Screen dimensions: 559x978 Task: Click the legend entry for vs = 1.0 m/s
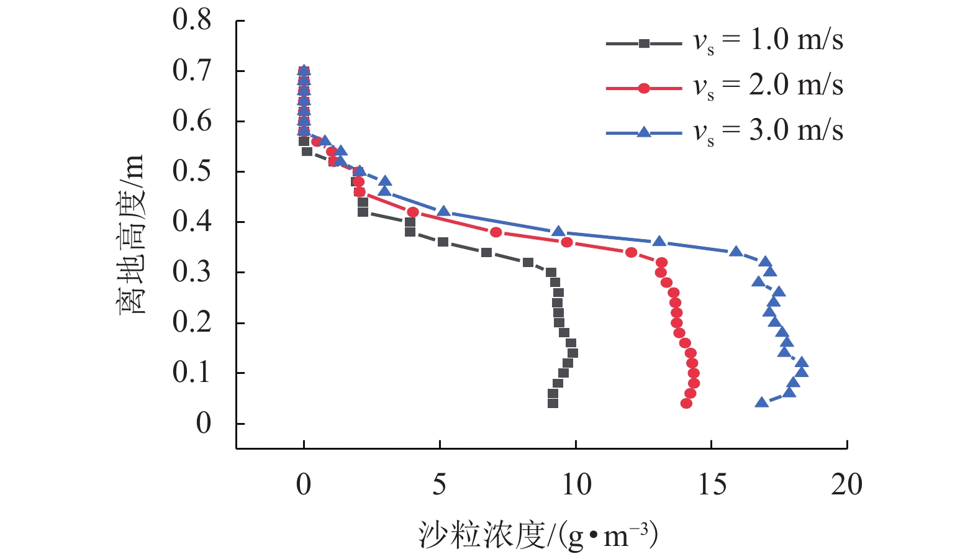(768, 41)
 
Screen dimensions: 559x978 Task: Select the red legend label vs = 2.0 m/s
(768, 86)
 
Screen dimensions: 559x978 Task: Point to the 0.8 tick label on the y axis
(192, 20)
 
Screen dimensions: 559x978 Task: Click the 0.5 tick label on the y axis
(192, 171)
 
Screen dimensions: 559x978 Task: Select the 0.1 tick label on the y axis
(192, 373)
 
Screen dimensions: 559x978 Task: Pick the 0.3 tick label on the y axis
(192, 272)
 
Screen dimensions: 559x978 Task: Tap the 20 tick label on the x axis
(847, 484)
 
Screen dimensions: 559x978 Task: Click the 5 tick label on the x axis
(440, 484)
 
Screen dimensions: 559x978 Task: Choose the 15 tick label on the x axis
(712, 484)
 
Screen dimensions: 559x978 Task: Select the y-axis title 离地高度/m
(131, 235)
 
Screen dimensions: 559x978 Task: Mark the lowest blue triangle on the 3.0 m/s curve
(762, 402)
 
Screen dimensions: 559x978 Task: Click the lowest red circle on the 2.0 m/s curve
(686, 403)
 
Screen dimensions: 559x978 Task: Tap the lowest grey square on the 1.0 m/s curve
(553, 403)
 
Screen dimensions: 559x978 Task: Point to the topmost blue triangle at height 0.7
(304, 70)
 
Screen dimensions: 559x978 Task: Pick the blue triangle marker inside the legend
(644, 132)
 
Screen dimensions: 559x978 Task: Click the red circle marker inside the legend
(644, 88)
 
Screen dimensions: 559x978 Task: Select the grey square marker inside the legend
(644, 43)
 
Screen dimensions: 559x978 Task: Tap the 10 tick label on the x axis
(576, 484)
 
